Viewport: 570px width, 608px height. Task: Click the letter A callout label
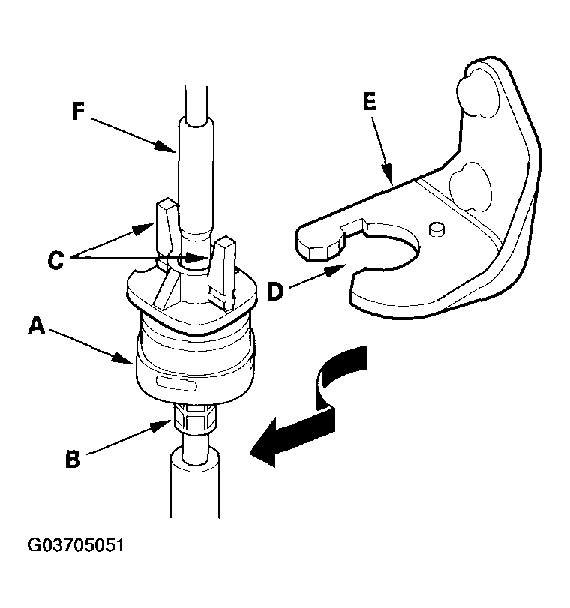click(37, 325)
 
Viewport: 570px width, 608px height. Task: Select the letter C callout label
click(55, 260)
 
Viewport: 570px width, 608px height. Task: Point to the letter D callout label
click(275, 291)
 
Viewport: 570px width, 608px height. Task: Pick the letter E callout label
click(370, 102)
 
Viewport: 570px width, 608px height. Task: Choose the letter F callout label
click(78, 111)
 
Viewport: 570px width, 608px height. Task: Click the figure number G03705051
click(76, 544)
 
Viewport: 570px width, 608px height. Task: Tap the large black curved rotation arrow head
click(268, 442)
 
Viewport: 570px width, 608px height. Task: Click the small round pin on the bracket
click(437, 229)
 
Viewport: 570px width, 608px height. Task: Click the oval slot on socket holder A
click(176, 384)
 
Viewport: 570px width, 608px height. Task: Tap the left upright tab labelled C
click(165, 232)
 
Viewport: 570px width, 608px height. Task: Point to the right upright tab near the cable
click(222, 271)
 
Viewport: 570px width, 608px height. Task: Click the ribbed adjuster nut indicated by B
click(195, 419)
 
